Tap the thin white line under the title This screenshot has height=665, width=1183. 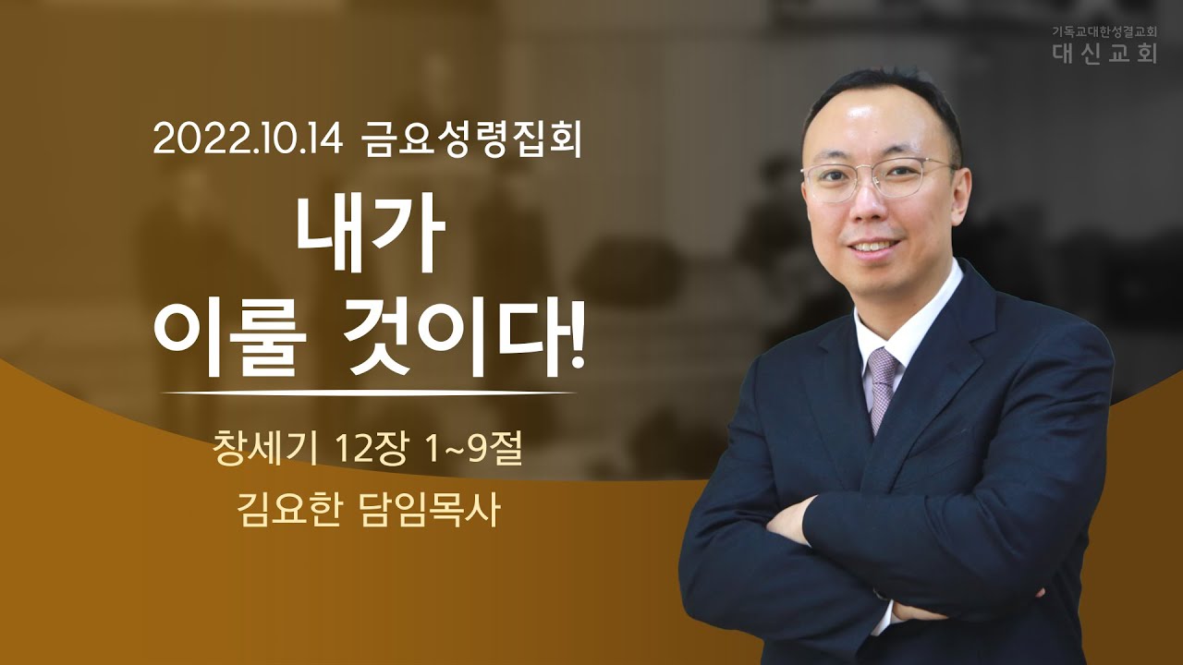tap(368, 393)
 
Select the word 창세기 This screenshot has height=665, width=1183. tap(264, 450)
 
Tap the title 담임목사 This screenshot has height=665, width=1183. tap(429, 509)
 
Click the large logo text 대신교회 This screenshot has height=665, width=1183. tap(1103, 54)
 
